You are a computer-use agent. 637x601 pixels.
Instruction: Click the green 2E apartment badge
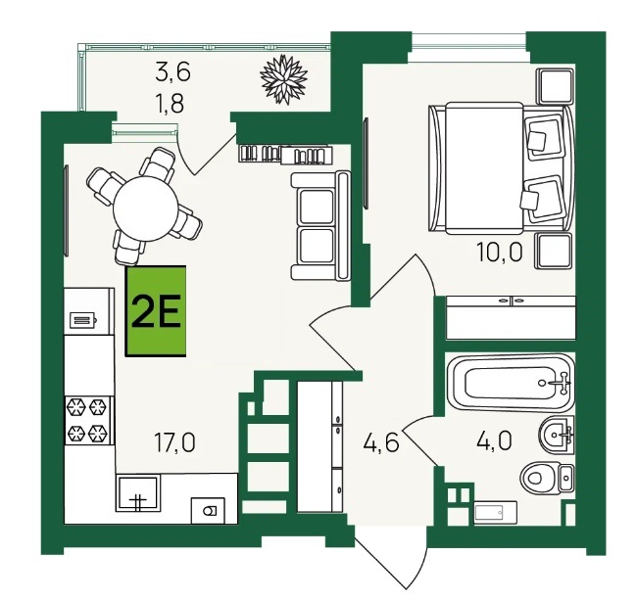click(156, 311)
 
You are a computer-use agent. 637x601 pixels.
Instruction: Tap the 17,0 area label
click(174, 442)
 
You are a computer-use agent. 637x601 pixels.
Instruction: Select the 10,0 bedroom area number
click(500, 253)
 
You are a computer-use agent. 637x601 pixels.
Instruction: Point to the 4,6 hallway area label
click(380, 441)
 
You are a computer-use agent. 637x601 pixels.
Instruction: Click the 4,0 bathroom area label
click(494, 440)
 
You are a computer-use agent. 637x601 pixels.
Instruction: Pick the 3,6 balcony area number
click(172, 73)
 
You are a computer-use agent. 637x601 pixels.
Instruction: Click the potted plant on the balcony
click(283, 79)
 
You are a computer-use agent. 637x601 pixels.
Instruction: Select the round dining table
click(145, 208)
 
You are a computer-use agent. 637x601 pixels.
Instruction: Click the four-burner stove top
click(89, 420)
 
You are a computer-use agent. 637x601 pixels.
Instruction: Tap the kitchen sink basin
click(137, 493)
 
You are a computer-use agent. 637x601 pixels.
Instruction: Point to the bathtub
click(511, 383)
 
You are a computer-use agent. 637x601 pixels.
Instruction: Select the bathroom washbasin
click(557, 435)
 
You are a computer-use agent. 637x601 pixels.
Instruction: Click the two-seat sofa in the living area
click(320, 226)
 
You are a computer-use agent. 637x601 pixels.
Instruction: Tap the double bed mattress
click(484, 168)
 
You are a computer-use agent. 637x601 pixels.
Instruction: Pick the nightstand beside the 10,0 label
click(554, 252)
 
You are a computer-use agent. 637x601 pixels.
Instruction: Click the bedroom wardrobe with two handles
click(511, 318)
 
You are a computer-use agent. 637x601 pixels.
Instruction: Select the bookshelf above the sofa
click(285, 155)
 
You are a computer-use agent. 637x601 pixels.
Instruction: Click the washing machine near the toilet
click(495, 512)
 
